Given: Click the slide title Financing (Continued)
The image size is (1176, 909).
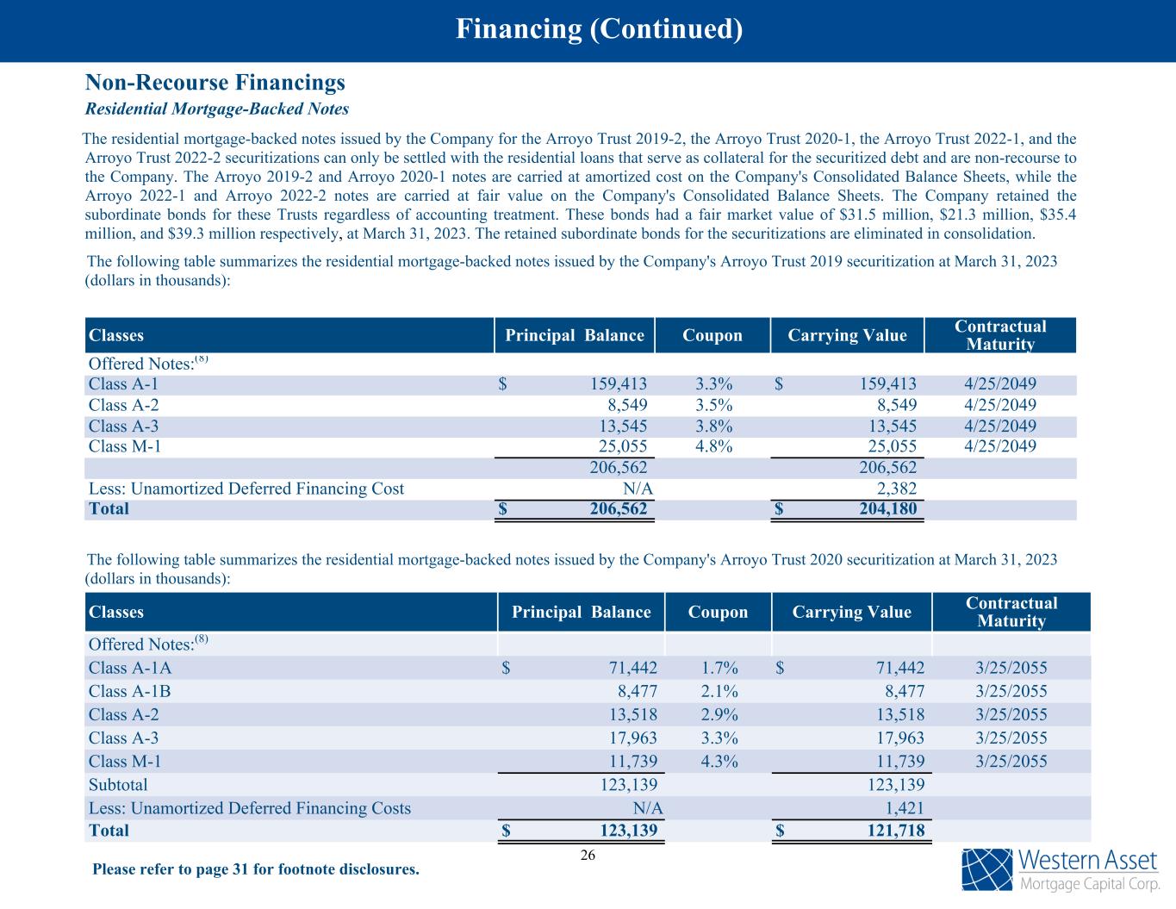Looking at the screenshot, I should (x=599, y=30).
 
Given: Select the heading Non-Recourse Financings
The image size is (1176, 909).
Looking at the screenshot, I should (x=215, y=83).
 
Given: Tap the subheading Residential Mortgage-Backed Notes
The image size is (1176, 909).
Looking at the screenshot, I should (x=216, y=109).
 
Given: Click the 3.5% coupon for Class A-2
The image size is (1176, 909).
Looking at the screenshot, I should (x=713, y=405).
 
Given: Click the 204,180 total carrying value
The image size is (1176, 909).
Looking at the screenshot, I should (x=887, y=508).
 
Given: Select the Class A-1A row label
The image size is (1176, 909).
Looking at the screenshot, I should (x=130, y=668).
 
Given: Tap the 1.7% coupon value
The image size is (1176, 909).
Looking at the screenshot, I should (x=719, y=668).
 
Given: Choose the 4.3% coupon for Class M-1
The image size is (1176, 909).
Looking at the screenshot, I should (x=719, y=761).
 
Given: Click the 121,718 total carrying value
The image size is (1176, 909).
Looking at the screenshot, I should (x=895, y=831).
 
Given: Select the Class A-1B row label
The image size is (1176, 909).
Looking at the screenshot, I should (x=129, y=691).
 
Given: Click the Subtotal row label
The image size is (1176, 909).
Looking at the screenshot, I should (x=118, y=785).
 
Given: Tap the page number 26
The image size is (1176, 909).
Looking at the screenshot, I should (x=588, y=855).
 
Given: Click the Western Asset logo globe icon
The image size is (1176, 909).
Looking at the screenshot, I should (x=987, y=869).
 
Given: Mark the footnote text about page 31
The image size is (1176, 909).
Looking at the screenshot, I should (x=256, y=869).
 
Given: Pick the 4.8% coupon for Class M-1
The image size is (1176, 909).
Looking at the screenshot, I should (x=713, y=446).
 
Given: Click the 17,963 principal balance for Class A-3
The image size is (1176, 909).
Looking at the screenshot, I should (x=628, y=738).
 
